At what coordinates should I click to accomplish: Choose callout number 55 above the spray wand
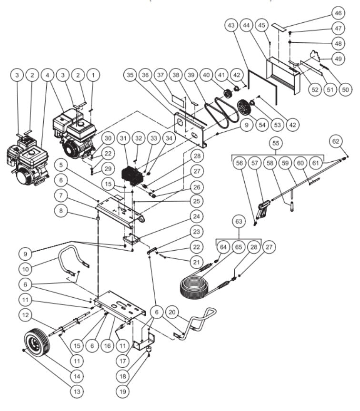pos(275,143)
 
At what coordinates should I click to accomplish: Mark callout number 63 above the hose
pos(239,221)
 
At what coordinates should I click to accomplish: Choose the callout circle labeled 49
pos(339,59)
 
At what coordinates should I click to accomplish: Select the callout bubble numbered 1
pos(94,75)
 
